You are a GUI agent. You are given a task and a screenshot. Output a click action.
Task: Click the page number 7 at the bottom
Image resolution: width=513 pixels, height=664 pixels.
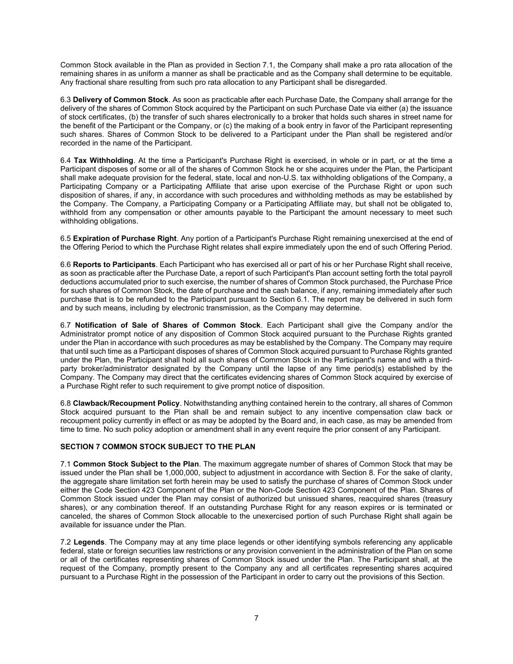click(256, 618)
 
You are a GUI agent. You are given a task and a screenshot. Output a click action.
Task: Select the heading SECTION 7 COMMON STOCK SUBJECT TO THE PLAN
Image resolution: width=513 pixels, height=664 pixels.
click(158, 447)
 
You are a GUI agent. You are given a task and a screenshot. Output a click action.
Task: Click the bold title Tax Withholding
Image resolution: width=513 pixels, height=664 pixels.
click(104, 161)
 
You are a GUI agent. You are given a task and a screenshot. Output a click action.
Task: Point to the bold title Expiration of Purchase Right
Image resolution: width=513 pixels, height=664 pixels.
click(124, 238)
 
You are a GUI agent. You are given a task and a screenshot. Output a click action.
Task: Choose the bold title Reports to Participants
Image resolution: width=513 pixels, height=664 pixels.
click(114, 265)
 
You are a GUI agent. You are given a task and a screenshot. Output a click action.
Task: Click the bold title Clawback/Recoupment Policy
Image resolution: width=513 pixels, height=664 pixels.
click(126, 403)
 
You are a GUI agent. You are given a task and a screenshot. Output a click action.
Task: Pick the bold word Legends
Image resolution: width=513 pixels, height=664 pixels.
click(89, 542)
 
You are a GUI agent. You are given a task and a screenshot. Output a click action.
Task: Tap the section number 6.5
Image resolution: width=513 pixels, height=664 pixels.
click(66, 238)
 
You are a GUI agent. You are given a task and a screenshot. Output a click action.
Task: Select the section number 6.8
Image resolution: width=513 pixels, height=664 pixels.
click(66, 403)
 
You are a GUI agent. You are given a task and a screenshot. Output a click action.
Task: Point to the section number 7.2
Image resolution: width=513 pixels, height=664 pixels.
click(66, 542)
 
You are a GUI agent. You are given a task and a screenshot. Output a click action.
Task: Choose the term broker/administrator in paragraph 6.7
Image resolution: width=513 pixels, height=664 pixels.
click(113, 369)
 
